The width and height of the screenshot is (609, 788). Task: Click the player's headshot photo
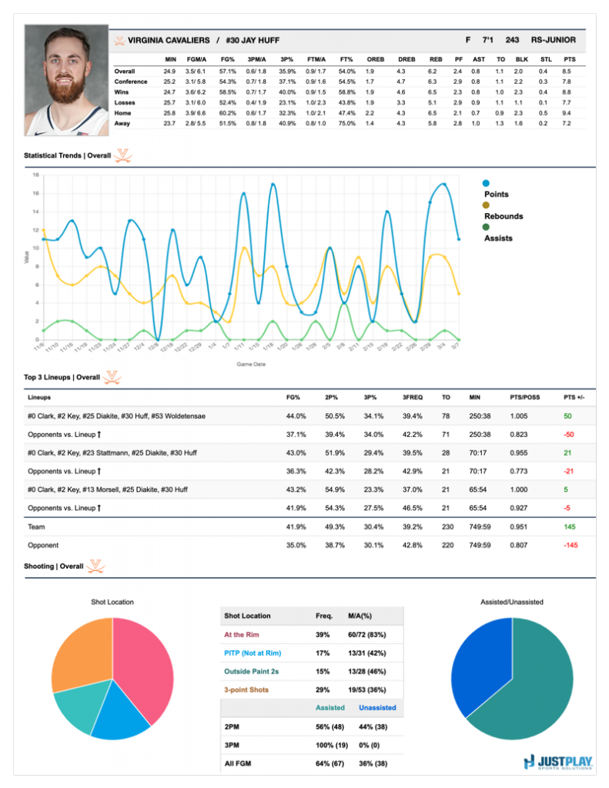67,80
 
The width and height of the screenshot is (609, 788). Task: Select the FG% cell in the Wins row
228,92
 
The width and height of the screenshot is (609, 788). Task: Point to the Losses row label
126,102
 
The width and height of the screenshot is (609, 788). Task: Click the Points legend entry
496,195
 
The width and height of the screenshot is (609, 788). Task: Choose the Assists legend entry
497,238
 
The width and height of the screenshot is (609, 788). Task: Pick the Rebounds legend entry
503,216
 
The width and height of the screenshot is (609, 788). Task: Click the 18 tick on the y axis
35,175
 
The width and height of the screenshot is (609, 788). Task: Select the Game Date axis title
252,364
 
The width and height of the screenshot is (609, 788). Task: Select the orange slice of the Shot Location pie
81,650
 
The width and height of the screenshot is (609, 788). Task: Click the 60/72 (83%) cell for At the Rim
375,634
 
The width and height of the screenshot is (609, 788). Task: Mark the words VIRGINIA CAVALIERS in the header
168,39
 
